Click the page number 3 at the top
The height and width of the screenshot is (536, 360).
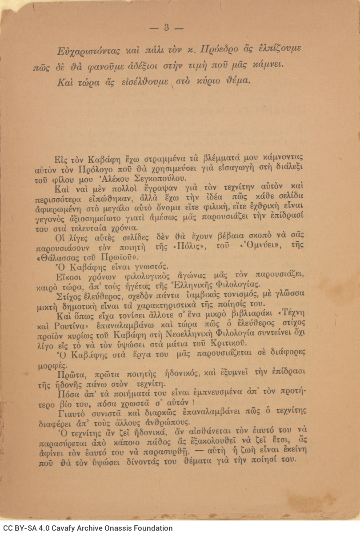tap(166, 28)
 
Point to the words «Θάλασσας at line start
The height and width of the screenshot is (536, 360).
tap(56, 258)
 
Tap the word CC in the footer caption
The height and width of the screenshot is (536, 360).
tap(8, 528)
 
